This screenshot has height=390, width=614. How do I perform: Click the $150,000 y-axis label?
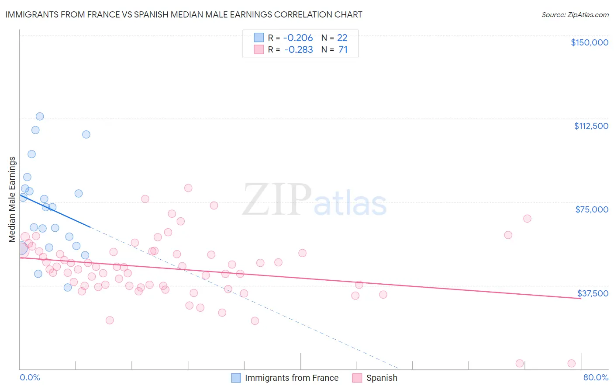pyautogui.click(x=589, y=42)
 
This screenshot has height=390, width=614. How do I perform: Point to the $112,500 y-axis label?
pyautogui.click(x=591, y=126)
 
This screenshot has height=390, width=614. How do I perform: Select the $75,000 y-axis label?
pyautogui.click(x=592, y=209)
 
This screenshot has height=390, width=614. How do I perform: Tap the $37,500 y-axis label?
pyautogui.click(x=593, y=293)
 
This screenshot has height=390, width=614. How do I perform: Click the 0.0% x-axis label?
pyautogui.click(x=30, y=377)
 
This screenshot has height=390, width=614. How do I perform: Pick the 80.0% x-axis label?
pyautogui.click(x=596, y=377)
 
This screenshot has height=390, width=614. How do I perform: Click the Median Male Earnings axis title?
pyautogui.click(x=12, y=199)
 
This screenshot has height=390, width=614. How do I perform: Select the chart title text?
pyautogui.click(x=184, y=14)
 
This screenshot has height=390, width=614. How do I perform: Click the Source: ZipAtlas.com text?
pyautogui.click(x=575, y=15)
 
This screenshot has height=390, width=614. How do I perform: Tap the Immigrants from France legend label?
pyautogui.click(x=291, y=378)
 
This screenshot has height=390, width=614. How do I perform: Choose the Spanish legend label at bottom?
pyautogui.click(x=382, y=378)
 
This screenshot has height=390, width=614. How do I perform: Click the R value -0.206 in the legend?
pyautogui.click(x=298, y=38)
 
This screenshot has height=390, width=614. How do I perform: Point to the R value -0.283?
pyautogui.click(x=298, y=49)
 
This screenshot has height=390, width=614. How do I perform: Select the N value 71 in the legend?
pyautogui.click(x=343, y=49)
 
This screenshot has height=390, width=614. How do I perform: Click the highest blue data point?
pyautogui.click(x=40, y=116)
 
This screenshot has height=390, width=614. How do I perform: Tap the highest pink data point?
pyautogui.click(x=188, y=188)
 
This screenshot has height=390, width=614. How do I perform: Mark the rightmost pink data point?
pyautogui.click(x=571, y=363)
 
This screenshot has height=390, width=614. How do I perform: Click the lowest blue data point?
pyautogui.click(x=68, y=287)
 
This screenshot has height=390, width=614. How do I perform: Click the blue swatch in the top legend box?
pyautogui.click(x=259, y=38)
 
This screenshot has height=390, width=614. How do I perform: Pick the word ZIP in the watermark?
pyautogui.click(x=277, y=199)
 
